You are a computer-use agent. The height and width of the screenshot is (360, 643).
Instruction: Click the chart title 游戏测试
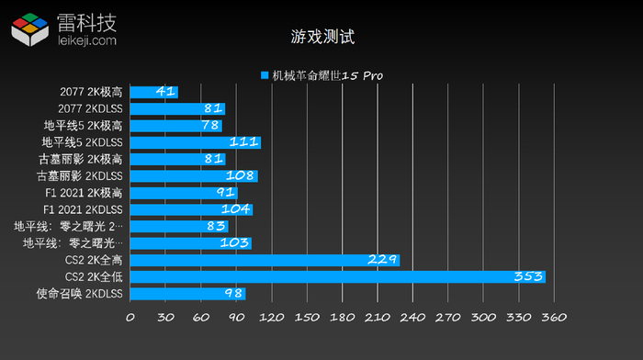321,38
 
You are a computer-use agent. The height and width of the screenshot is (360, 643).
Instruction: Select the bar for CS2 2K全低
337,276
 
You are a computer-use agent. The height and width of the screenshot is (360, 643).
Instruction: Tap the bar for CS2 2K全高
265,260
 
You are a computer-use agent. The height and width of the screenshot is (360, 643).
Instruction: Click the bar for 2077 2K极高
153,92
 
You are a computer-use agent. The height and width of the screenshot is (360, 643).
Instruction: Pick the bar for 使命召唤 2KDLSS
187,294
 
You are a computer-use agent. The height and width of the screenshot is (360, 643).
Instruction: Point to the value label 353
527,276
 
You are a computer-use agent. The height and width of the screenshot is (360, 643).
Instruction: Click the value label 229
381,260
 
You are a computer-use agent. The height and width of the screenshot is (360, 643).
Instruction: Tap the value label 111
243,142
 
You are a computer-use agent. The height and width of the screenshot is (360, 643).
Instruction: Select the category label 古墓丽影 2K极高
83,159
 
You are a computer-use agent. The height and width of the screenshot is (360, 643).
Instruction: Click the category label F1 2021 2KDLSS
83,209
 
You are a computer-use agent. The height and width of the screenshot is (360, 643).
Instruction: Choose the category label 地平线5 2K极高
83,126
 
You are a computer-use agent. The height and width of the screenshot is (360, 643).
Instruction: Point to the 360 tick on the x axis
554,318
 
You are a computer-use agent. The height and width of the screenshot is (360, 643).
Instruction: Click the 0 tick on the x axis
130,318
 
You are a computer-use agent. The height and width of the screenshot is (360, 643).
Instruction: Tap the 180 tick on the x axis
342,318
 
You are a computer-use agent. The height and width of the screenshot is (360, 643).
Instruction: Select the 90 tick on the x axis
236,318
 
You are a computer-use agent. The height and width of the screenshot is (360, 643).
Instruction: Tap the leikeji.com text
86,40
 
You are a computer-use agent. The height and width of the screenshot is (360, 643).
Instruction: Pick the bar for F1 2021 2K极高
183,193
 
